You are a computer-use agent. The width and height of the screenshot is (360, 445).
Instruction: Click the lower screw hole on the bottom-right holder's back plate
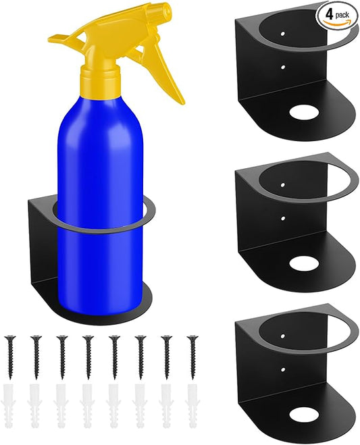point(282,369)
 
